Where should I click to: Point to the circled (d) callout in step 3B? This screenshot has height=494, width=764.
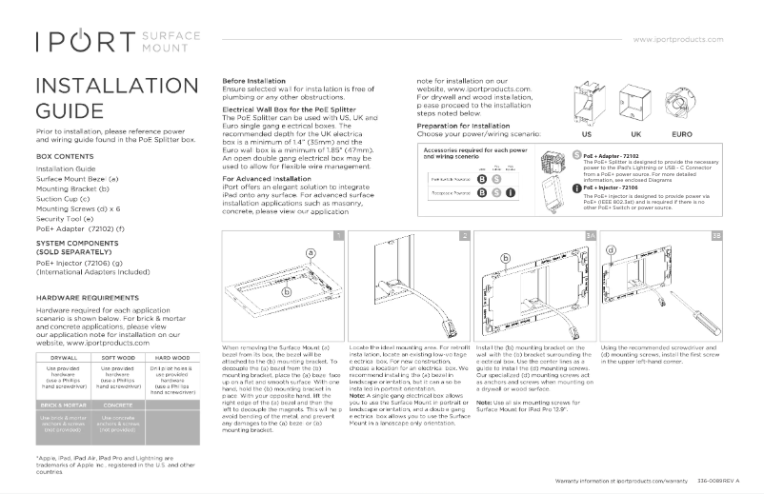click(x=610, y=249)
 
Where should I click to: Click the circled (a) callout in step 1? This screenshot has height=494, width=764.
click(x=310, y=252)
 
